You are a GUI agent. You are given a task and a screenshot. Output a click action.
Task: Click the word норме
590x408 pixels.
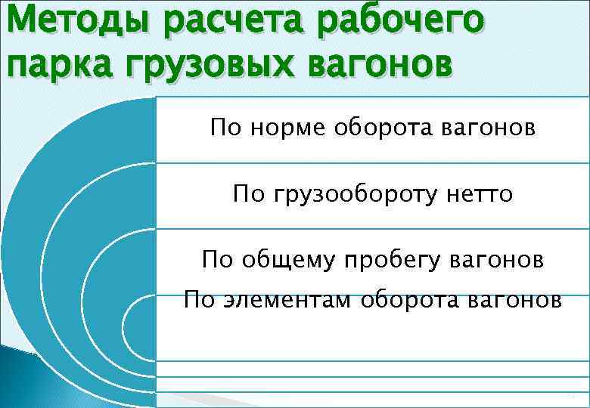click(282, 128)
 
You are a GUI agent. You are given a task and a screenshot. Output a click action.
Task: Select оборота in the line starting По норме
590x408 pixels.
click(380, 128)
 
